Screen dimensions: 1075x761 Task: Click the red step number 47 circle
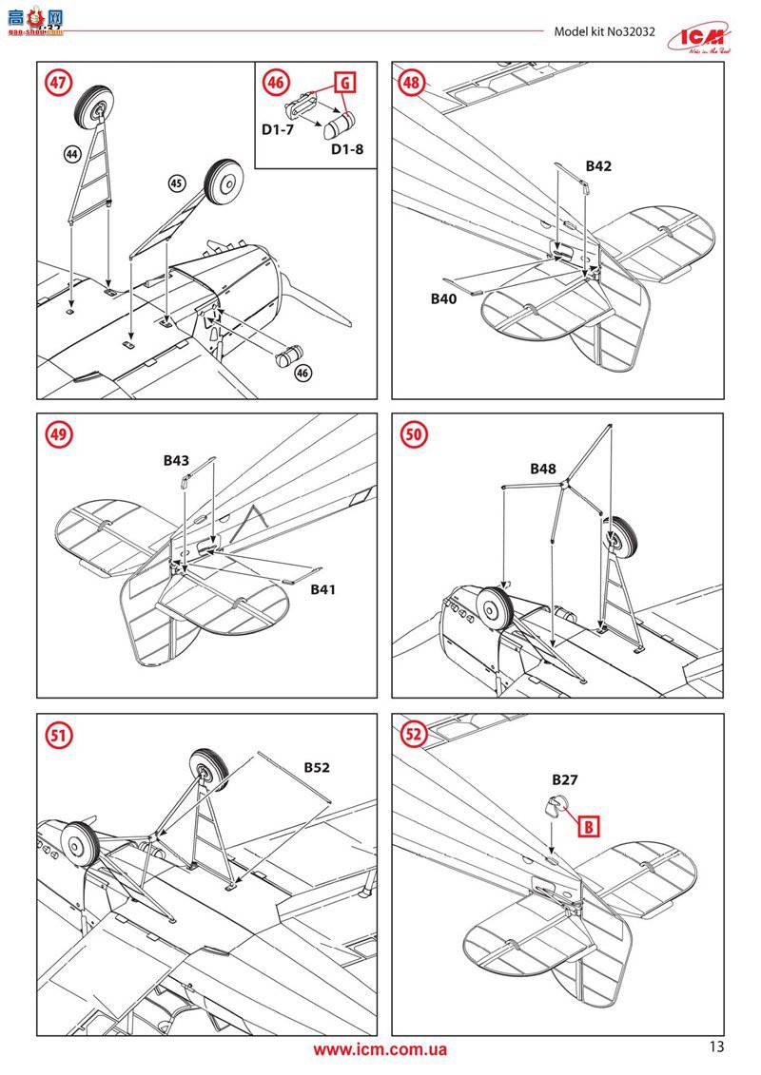(x=59, y=83)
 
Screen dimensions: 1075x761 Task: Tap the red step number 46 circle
(x=276, y=83)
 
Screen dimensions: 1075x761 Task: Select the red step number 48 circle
(x=412, y=83)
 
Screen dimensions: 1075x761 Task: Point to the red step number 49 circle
(x=59, y=435)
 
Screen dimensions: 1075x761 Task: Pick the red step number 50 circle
(x=414, y=435)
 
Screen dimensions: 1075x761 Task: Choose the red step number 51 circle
(x=59, y=734)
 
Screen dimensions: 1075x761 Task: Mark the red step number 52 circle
(x=414, y=734)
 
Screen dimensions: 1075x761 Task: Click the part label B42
(x=598, y=165)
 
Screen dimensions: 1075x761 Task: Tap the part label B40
(x=444, y=298)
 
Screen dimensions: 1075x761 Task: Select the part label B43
(x=176, y=460)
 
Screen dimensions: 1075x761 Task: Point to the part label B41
(x=323, y=589)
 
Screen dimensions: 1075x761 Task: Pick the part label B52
(x=317, y=767)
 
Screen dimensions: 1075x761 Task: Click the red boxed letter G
(x=345, y=83)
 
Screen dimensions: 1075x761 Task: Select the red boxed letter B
(x=590, y=826)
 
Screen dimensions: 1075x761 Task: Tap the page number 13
(x=716, y=1046)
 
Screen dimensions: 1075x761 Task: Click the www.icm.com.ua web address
(x=380, y=1049)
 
